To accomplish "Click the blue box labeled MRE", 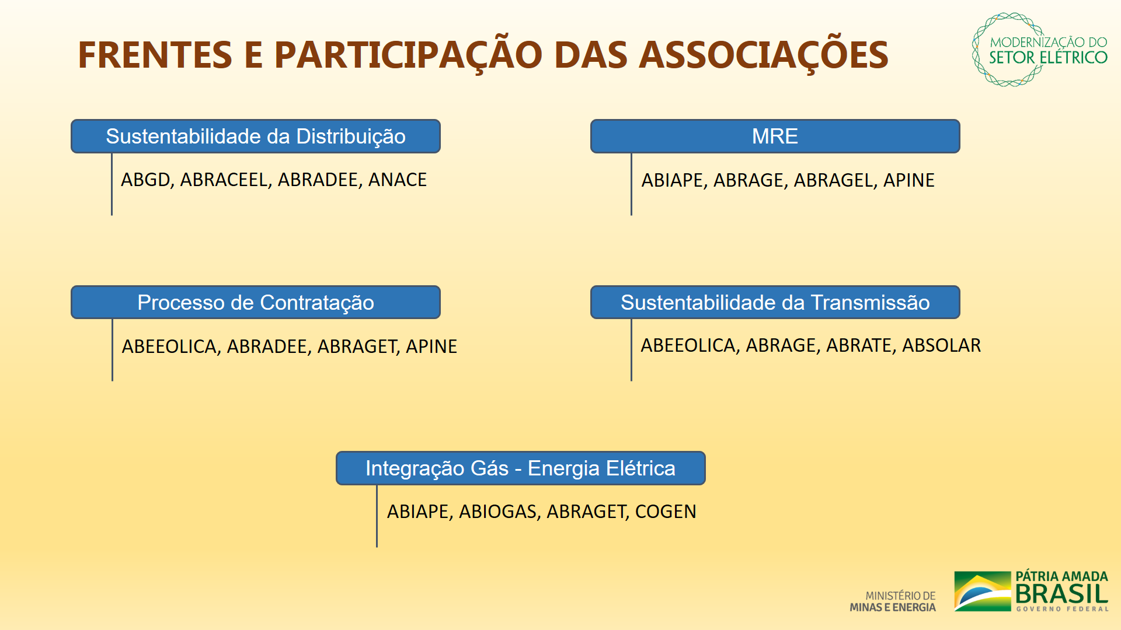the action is click(x=775, y=136).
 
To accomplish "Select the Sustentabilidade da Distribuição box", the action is click(x=256, y=136).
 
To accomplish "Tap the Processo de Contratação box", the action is click(x=256, y=302).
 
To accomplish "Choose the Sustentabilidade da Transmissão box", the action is click(x=775, y=302).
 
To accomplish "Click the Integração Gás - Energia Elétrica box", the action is click(x=520, y=468).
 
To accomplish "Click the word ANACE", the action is click(x=398, y=180).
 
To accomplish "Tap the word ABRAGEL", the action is click(x=835, y=180).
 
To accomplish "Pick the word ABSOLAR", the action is click(x=942, y=345).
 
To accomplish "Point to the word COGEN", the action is click(x=666, y=512).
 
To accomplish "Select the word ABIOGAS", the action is click(x=498, y=512).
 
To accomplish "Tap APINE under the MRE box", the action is click(x=909, y=180).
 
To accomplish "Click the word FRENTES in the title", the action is click(x=155, y=55).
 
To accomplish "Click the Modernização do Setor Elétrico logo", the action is click(x=1040, y=50).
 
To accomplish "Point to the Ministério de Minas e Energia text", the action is click(x=893, y=601).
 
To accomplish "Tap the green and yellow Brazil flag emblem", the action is click(x=983, y=591).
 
